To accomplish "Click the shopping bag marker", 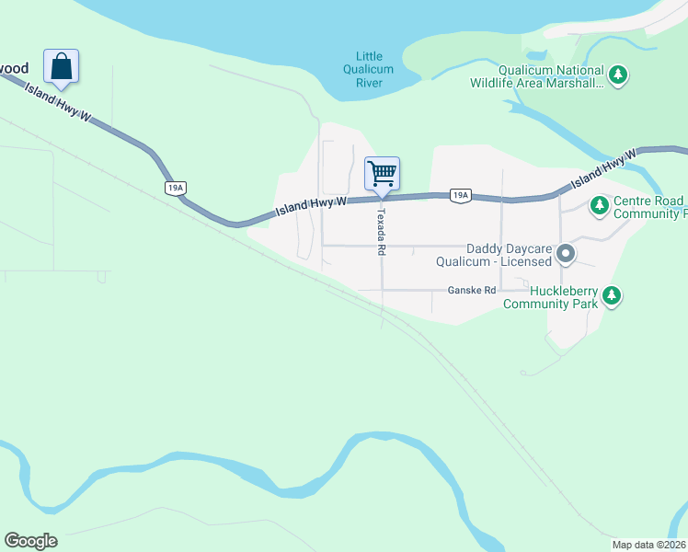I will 61,67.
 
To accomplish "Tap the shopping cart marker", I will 382,173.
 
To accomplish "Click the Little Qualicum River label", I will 368,70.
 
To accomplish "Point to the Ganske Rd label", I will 472,291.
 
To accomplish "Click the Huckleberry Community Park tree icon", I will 612,296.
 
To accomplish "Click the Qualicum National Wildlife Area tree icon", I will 619,75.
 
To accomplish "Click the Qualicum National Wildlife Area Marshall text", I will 550,76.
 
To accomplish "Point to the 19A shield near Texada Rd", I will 461,195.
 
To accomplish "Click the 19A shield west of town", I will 175,188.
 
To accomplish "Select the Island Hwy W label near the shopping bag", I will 59,102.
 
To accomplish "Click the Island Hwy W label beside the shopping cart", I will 310,208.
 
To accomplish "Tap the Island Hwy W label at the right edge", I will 603,169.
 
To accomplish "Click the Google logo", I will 30,541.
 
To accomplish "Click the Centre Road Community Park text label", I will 649,207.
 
